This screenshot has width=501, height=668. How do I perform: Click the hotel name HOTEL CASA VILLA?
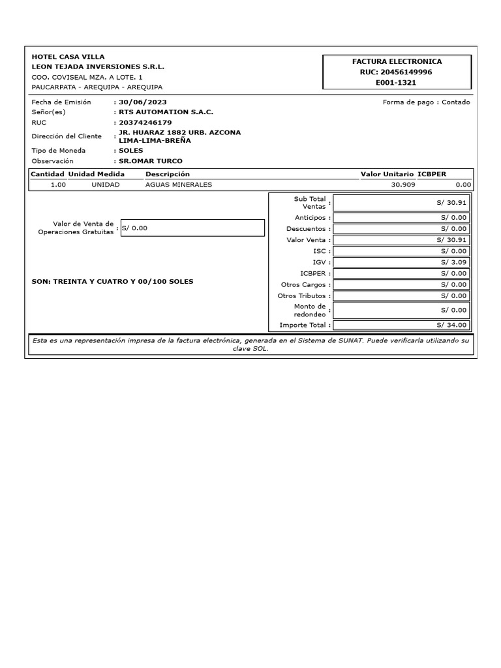(x=68, y=57)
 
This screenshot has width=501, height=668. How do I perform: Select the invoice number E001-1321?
(x=397, y=83)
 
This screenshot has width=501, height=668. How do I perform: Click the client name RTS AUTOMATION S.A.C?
(x=166, y=112)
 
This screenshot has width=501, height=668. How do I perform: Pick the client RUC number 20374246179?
(x=145, y=122)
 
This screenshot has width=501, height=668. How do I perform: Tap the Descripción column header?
(x=168, y=174)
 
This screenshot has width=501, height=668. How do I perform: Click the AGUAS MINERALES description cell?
(x=179, y=185)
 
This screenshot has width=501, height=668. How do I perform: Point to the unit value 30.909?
(x=402, y=185)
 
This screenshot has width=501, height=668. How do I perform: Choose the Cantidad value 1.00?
(x=58, y=185)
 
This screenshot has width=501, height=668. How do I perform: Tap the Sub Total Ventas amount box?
(x=401, y=203)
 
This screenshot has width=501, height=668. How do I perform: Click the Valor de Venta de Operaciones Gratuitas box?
(x=192, y=228)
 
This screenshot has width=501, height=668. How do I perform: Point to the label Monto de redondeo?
(x=309, y=310)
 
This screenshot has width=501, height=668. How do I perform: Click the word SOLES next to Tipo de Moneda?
(x=131, y=150)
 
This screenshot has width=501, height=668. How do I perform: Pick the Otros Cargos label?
(x=303, y=284)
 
